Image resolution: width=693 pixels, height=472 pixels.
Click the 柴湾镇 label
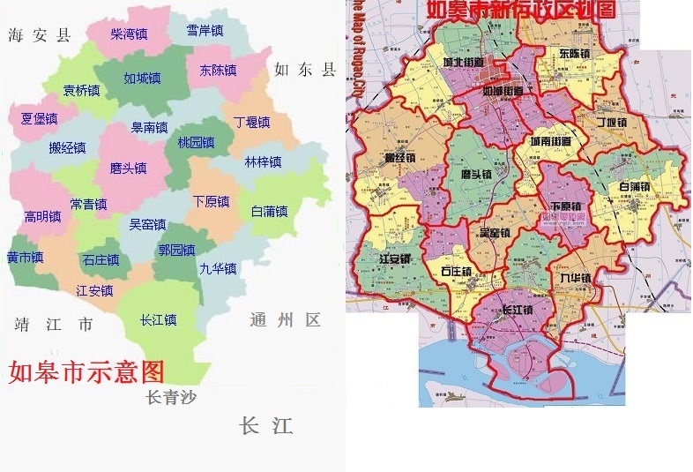(x=129, y=34)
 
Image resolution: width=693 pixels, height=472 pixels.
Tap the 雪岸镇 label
(x=205, y=31)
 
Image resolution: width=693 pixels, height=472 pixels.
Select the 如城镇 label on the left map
(x=142, y=78)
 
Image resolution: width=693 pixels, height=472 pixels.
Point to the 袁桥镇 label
(x=81, y=90)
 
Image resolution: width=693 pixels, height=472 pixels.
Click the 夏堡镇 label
(x=40, y=118)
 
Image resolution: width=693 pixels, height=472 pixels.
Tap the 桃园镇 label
(x=196, y=142)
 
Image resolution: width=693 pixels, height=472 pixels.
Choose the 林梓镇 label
(x=263, y=161)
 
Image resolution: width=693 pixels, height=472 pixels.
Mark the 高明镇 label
(x=42, y=216)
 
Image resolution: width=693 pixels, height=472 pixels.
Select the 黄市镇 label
(x=25, y=258)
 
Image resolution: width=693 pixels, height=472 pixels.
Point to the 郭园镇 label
(x=176, y=250)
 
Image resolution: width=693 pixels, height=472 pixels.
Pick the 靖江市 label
(x=53, y=324)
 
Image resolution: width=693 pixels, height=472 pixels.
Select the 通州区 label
(x=285, y=319)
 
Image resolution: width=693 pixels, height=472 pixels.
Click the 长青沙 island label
(x=171, y=397)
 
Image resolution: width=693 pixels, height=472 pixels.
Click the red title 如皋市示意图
(x=86, y=370)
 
